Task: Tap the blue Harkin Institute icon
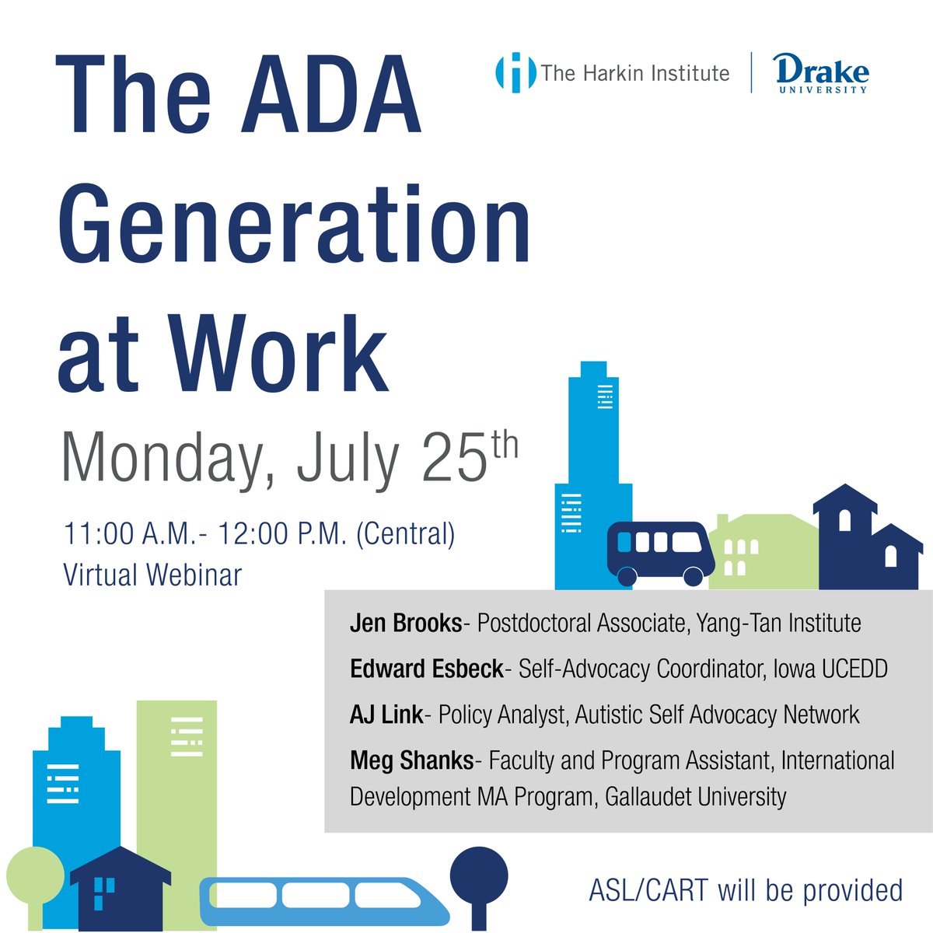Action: [515, 73]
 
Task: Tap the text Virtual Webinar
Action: [152, 575]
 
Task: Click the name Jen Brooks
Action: [406, 623]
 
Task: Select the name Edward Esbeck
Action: [427, 669]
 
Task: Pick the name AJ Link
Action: [386, 715]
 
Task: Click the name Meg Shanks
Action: [411, 760]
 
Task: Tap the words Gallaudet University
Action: [691, 797]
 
